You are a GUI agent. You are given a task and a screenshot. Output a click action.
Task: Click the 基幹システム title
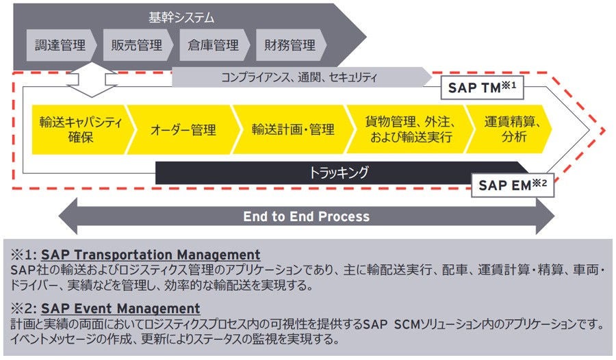tap(181, 16)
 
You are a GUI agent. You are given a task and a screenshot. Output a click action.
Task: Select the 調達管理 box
tap(60, 46)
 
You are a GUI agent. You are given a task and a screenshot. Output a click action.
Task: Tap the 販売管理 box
tap(137, 46)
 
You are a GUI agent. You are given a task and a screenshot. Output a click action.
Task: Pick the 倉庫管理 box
tap(214, 46)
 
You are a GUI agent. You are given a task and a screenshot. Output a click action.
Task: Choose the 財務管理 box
tap(290, 46)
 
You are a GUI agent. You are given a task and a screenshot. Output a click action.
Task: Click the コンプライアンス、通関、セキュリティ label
tap(299, 77)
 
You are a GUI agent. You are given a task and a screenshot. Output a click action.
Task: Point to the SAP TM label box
tap(485, 87)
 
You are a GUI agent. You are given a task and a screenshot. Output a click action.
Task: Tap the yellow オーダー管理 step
tap(183, 129)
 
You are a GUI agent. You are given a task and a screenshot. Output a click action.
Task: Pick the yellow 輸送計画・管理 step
tap(293, 129)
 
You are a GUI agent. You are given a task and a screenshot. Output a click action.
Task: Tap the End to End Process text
tap(306, 216)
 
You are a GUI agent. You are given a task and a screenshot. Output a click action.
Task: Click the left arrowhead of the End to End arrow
tap(68, 216)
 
